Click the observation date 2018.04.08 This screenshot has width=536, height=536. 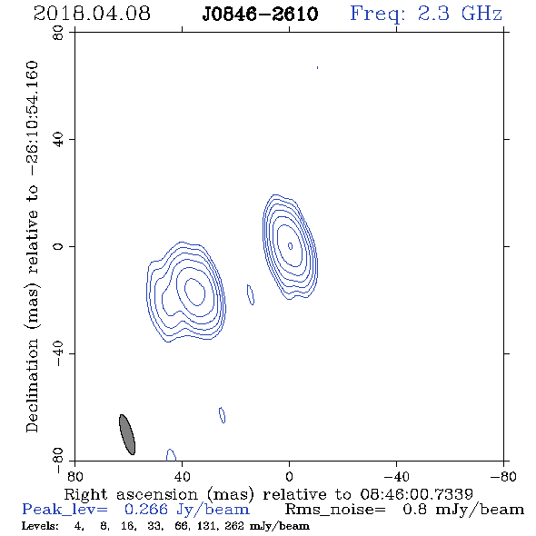click(x=92, y=14)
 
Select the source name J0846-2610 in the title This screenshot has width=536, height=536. click(x=260, y=14)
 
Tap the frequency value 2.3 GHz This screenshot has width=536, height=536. click(x=460, y=14)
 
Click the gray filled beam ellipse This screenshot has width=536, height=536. click(x=127, y=434)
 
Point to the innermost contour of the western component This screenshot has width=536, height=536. click(x=290, y=246)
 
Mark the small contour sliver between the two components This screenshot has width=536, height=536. click(x=251, y=294)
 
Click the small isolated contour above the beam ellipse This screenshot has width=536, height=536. click(x=223, y=415)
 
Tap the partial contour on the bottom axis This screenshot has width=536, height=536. click(x=171, y=455)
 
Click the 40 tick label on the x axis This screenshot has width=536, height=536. click(x=182, y=476)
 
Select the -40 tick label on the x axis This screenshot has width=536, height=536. click(x=396, y=476)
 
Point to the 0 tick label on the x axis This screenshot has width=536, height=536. click(x=289, y=476)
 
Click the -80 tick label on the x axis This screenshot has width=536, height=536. click(x=503, y=476)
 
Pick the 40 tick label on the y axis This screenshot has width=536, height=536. click(x=58, y=140)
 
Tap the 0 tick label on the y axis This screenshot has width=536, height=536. click(x=58, y=246)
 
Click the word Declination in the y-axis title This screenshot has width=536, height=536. click(x=32, y=385)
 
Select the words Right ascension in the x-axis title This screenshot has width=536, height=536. click(x=131, y=495)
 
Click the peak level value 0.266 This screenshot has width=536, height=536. click(x=145, y=510)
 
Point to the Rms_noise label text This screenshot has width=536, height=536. click(x=335, y=510)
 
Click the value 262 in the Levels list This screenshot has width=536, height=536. click(x=234, y=525)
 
